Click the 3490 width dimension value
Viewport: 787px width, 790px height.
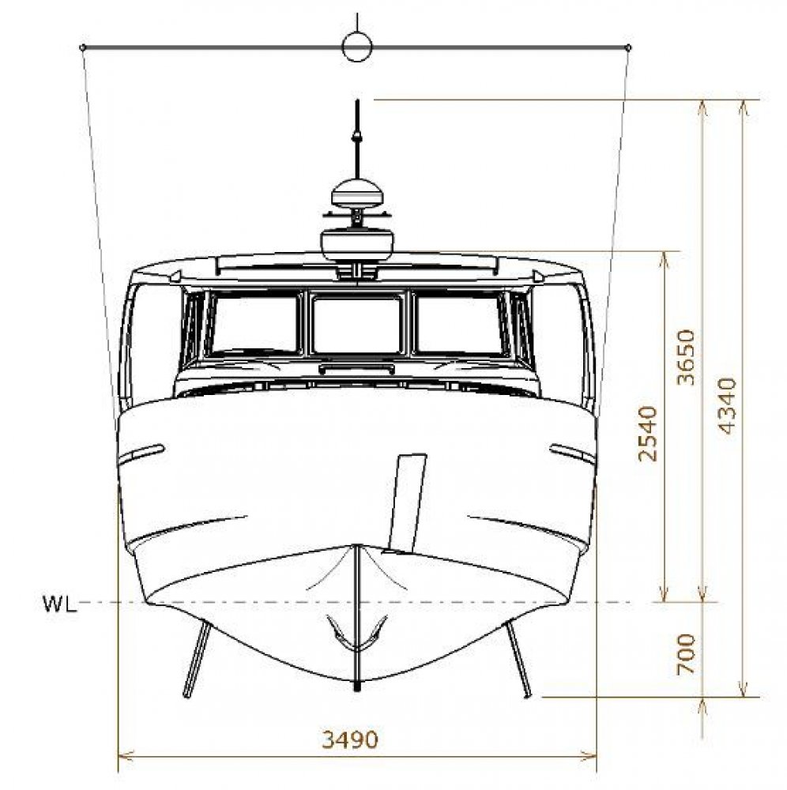pyautogui.click(x=350, y=739)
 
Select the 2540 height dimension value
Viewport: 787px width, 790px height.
pyautogui.click(x=648, y=433)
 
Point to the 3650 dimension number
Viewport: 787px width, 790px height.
pyautogui.click(x=686, y=357)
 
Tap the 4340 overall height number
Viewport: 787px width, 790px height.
pyautogui.click(x=726, y=405)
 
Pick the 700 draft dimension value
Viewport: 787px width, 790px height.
pyautogui.click(x=686, y=654)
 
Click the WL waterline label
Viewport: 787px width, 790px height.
pyautogui.click(x=60, y=604)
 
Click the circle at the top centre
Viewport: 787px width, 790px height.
pyautogui.click(x=357, y=47)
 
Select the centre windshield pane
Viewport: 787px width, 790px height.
pyautogui.click(x=357, y=325)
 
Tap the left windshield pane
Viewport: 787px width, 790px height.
pyautogui.click(x=254, y=324)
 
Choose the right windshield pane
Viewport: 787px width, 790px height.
pyautogui.click(x=461, y=324)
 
